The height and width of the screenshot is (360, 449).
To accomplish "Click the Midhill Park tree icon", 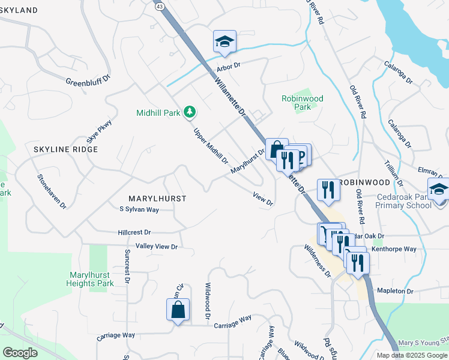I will (x=190, y=112).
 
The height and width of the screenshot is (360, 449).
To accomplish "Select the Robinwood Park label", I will (x=303, y=103).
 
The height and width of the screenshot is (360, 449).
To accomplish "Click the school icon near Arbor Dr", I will (x=224, y=41).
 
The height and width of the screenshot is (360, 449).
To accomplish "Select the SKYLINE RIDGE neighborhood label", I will (x=66, y=149).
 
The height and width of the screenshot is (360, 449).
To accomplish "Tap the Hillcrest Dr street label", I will (x=134, y=232).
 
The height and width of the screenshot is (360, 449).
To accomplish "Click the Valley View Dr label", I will (x=157, y=247).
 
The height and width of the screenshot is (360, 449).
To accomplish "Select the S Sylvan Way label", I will (x=139, y=209).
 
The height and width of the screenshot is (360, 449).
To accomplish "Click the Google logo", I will (x=20, y=353).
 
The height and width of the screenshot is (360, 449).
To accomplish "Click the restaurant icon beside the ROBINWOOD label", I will (x=328, y=190).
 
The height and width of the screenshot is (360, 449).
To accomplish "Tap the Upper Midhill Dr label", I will (x=211, y=145).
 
